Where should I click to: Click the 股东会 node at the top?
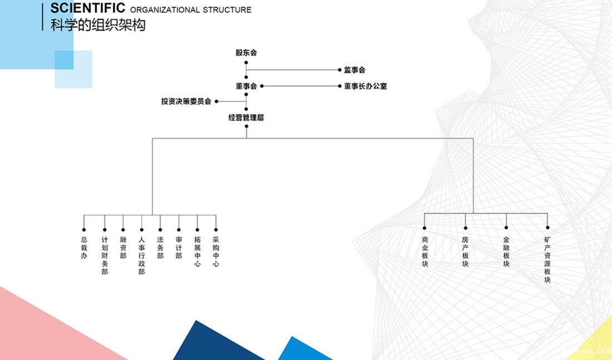(246, 53)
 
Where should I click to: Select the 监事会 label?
(354, 70)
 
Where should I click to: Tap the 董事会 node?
(246, 86)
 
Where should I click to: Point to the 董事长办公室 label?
(365, 86)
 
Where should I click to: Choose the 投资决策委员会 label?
(186, 101)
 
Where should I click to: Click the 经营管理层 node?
(246, 118)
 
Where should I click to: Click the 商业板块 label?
(425, 252)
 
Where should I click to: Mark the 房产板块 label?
(466, 252)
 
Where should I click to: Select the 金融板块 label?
(506, 252)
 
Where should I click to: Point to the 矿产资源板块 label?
(547, 260)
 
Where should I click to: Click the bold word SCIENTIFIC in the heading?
(87, 8)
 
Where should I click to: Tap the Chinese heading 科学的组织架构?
(98, 25)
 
